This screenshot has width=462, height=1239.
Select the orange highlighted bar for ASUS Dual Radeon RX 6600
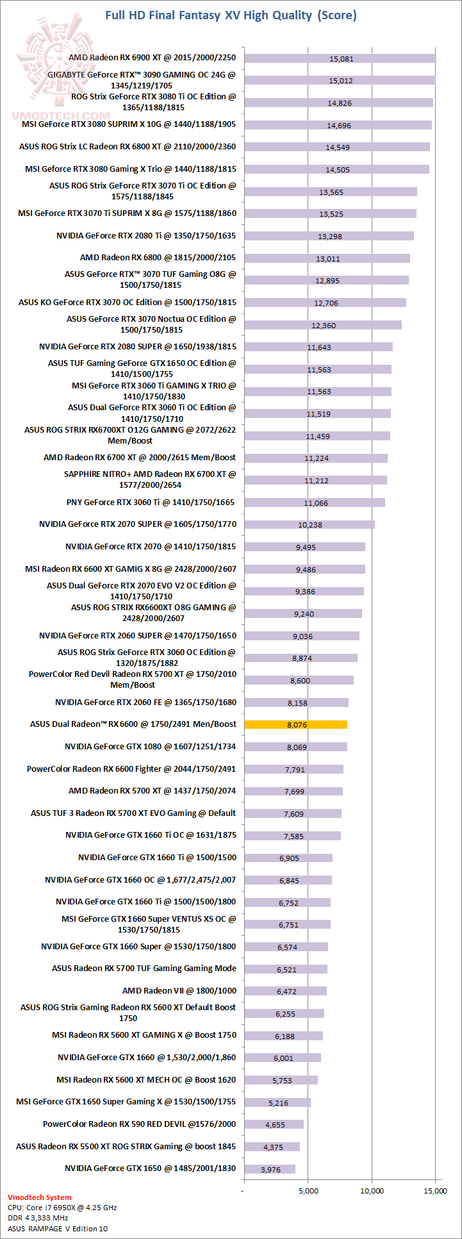pyautogui.click(x=295, y=724)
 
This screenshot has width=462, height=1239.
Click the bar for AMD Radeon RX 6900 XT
pyautogui.click(x=340, y=58)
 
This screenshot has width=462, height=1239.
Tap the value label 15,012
pyautogui.click(x=341, y=81)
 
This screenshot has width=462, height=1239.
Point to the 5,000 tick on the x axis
pyautogui.click(x=308, y=1190)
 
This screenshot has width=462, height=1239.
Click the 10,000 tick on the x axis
pyautogui.click(x=372, y=1190)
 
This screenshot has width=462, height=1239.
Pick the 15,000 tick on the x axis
pyautogui.click(x=436, y=1190)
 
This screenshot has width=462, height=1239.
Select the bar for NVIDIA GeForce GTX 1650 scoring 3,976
pyautogui.click(x=270, y=1168)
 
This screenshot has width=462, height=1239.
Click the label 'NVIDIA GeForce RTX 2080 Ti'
pyautogui.click(x=145, y=235)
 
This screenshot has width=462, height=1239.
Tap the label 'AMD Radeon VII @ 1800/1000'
pyautogui.click(x=179, y=990)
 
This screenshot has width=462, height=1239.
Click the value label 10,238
pyautogui.click(x=310, y=525)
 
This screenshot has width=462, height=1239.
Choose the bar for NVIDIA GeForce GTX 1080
pyautogui.click(x=295, y=747)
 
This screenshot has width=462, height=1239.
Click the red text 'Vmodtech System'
pyautogui.click(x=40, y=1197)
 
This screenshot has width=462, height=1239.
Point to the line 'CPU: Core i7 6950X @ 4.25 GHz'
pyautogui.click(x=62, y=1207)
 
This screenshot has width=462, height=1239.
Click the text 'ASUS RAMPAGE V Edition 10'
pyautogui.click(x=58, y=1228)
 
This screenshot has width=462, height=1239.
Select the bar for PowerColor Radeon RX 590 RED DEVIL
pyautogui.click(x=274, y=1124)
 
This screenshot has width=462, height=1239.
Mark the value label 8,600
pyautogui.click(x=300, y=681)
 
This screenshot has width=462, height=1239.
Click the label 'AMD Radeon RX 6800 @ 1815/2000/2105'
pyautogui.click(x=158, y=257)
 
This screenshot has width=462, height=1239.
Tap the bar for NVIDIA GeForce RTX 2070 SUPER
pyautogui.click(x=309, y=524)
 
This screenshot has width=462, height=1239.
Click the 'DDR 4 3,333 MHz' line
pyautogui.click(x=38, y=1217)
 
